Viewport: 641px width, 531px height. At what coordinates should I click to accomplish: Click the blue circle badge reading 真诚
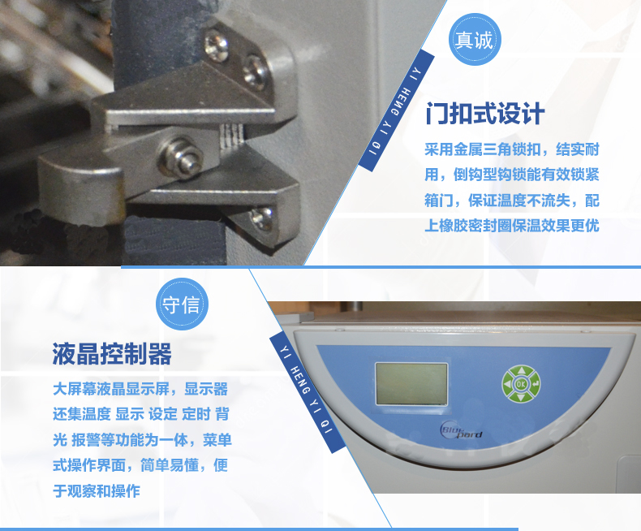pos(475,39)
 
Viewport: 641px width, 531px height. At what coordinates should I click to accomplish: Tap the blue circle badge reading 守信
pos(182,304)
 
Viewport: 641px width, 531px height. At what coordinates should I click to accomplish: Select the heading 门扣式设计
pos(485,114)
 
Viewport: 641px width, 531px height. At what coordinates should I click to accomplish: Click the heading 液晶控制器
pos(112,354)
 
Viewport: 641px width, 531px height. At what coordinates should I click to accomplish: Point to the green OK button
pos(521,384)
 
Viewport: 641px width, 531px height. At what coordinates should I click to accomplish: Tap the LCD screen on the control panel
pos(411,384)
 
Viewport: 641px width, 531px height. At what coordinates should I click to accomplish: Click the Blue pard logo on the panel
pos(461,431)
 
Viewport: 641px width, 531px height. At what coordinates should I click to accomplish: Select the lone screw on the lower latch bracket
pos(261,219)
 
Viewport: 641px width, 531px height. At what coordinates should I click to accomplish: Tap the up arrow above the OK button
pos(521,371)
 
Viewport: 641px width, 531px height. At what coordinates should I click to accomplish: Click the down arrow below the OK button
pos(521,397)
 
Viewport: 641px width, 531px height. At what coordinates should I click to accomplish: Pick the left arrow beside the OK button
pos(508,385)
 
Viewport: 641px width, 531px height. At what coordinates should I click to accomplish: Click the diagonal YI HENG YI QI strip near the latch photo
pos(396,110)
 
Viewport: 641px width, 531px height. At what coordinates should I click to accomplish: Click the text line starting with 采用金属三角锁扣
pos(512,149)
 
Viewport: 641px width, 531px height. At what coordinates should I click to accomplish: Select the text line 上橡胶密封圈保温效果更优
pos(512,226)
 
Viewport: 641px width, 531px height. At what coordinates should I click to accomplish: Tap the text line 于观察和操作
pos(97,491)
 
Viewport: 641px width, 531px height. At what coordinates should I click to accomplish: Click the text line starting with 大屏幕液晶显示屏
pos(140,389)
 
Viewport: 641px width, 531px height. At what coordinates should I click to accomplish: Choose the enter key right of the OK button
pos(536,384)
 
